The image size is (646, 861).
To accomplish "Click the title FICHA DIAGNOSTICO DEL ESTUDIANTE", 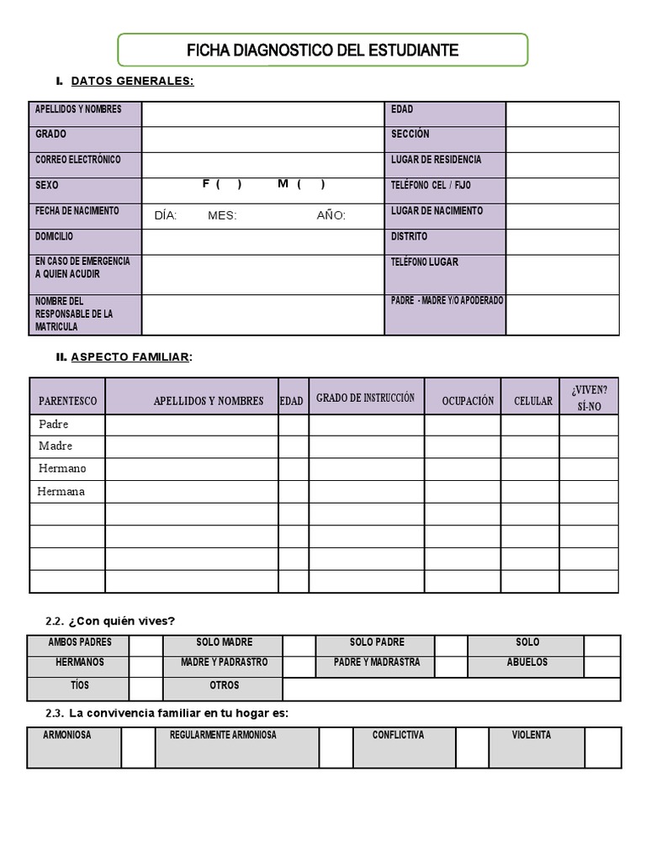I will pos(322,50).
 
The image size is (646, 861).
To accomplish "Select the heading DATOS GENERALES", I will pos(132,81).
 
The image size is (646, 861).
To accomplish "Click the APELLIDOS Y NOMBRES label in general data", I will pos(78,109).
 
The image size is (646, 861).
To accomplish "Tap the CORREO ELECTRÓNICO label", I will pos(78,160).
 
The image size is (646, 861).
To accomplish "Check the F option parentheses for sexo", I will pos(228,184).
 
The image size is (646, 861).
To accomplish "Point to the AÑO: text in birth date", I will pos(331,215).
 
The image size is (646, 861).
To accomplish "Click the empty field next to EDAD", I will pos(562,114).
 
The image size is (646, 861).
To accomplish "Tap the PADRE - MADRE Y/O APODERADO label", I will pos(447,300).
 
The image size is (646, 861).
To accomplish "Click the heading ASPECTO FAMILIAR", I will pos(130,357).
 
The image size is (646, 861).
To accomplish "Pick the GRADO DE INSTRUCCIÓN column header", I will pos(365,398).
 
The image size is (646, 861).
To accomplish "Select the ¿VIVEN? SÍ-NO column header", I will pos(589,396).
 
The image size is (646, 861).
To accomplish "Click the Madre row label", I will pos(56,446).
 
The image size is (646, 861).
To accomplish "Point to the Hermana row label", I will pos(61,491).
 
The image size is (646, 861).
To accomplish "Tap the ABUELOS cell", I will pos(527,663).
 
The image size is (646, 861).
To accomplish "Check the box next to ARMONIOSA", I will pos(138,747).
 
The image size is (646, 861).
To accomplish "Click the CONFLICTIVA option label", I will pos(398,735).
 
